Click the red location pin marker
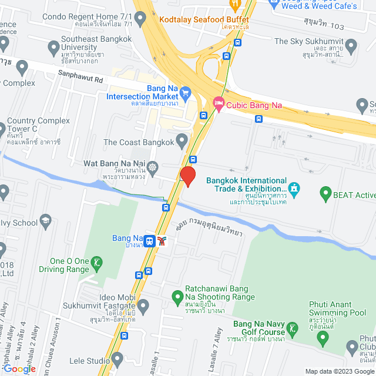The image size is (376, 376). point(187,176)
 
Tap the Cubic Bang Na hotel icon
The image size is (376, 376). point(218,105)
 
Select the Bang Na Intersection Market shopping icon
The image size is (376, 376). point(186,92)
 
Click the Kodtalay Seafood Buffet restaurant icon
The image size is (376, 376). point(235,5)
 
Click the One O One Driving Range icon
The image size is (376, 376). point(98,265)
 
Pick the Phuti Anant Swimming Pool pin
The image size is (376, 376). point(322,337)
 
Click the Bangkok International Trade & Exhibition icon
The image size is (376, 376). point(294,189)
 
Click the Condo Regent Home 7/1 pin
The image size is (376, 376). point(140,21)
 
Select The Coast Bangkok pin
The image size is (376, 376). point(182,142)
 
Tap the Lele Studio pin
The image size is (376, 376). point(117,358)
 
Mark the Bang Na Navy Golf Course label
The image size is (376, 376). point(259,328)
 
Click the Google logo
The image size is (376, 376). point(18,368)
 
